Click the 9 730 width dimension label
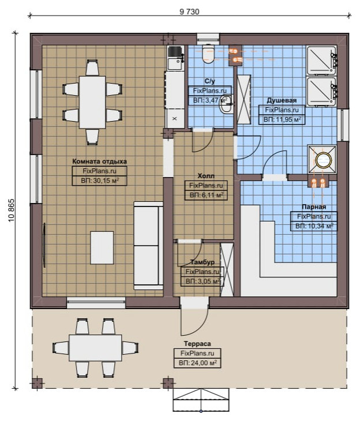coord(189,12)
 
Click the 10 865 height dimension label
coord(11,210)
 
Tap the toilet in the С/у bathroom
coord(208,53)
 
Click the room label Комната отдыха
coord(99,161)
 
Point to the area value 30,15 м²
coord(100,181)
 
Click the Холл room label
coord(206,176)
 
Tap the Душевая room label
coord(282,100)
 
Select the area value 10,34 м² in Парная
coord(314,226)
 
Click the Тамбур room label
coord(202,262)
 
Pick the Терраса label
coord(197,344)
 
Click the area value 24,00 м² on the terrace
coord(198,363)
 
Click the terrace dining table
coord(95,347)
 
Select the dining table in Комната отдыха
coord(92,102)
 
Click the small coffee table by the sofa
coord(102,247)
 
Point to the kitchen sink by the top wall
coord(175,58)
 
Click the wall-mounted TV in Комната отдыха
coord(44,245)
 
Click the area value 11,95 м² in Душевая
coord(282,119)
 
